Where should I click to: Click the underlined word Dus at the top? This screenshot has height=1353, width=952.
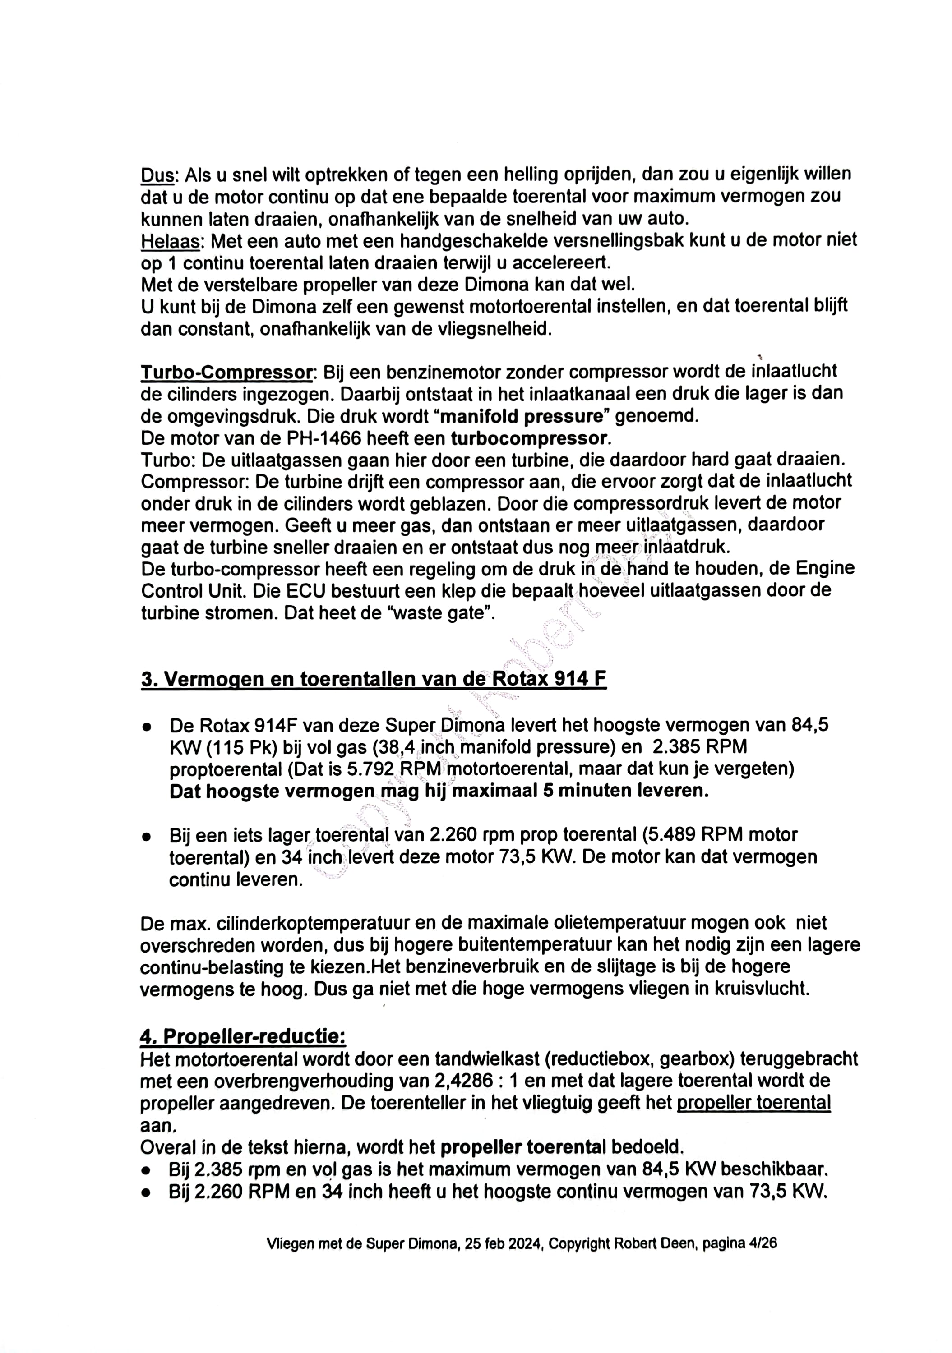[158, 175]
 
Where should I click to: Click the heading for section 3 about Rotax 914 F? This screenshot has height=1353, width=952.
[373, 680]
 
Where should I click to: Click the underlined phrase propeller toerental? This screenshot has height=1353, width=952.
[753, 1103]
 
